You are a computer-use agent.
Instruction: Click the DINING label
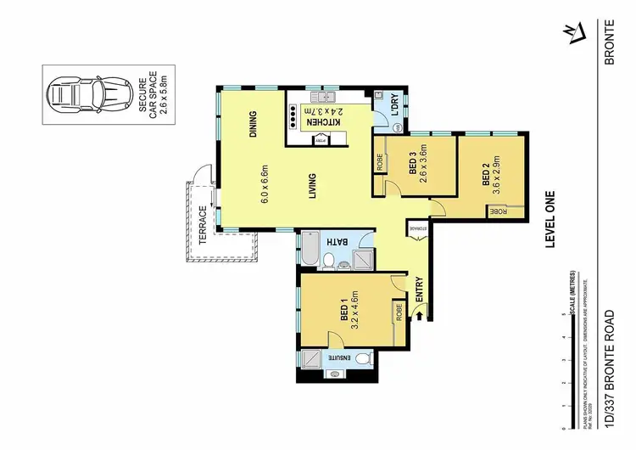pyautogui.click(x=253, y=126)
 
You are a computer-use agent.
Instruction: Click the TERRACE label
pyautogui.click(x=203, y=225)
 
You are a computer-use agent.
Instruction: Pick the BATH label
pyautogui.click(x=338, y=244)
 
